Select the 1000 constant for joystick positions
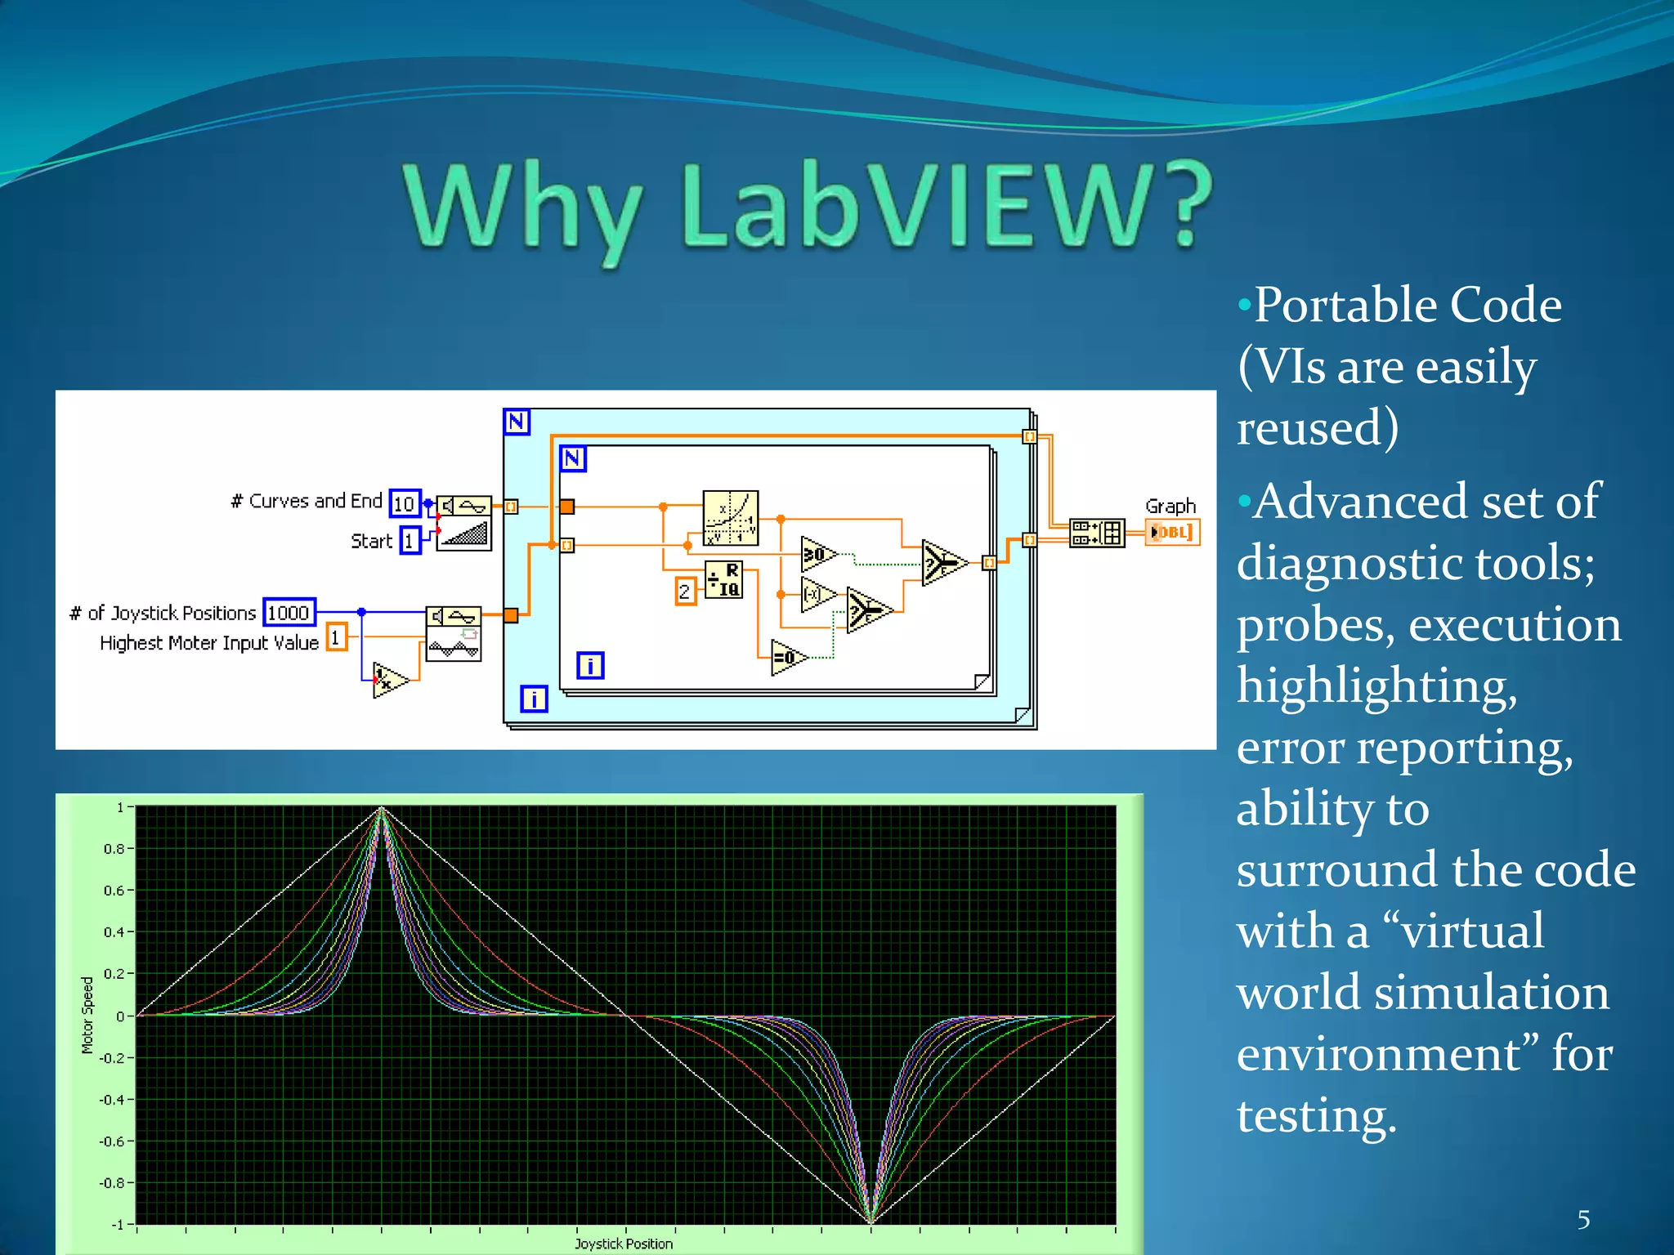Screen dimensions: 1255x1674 point(289,613)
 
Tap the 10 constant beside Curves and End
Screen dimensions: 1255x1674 point(405,503)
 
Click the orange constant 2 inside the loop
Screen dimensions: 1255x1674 point(685,592)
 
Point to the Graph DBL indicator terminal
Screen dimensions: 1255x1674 point(1172,533)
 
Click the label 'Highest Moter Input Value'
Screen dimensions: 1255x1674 point(208,643)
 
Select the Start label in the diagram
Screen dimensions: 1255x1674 point(371,541)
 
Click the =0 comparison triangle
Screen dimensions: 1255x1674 point(787,658)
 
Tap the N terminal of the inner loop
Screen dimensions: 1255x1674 point(573,458)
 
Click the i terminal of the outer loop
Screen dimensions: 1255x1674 point(534,699)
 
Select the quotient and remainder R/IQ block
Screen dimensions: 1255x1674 point(724,580)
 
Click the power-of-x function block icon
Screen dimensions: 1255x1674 point(731,518)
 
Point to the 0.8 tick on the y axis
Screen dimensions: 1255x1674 point(114,849)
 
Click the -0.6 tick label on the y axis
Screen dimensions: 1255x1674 point(112,1141)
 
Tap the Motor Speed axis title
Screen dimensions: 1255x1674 point(87,1016)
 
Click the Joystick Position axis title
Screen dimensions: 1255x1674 point(624,1244)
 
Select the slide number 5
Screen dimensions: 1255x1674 point(1583,1220)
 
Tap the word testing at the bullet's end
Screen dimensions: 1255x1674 point(1317,1116)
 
